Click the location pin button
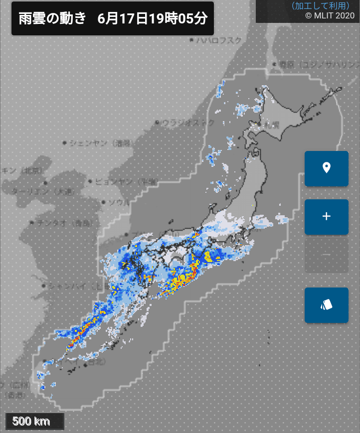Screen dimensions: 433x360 point(327,168)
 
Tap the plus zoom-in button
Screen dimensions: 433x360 point(327,217)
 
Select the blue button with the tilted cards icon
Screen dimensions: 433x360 point(327,305)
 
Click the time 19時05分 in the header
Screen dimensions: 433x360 point(177,19)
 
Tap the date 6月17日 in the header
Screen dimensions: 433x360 point(122,19)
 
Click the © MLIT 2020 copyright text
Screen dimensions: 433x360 point(329,15)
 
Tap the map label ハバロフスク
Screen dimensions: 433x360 point(219,40)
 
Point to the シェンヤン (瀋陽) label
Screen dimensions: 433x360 point(100,144)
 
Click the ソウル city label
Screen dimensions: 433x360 point(119,202)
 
